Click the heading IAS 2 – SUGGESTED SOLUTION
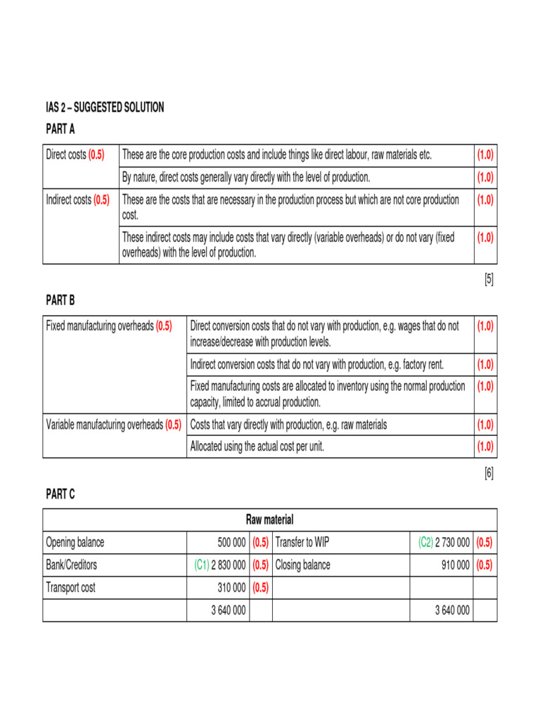(105, 108)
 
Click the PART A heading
(60, 129)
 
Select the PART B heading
(60, 300)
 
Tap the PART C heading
(60, 494)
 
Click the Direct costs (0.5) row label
(75, 155)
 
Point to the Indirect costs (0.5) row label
(77, 200)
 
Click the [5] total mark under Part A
(489, 279)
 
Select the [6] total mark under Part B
(489, 473)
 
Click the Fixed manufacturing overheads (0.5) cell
(109, 326)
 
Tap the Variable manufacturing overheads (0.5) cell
(113, 425)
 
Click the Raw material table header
(270, 520)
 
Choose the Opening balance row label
(75, 542)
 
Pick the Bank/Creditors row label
(72, 565)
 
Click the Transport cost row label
(70, 587)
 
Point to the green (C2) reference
(425, 542)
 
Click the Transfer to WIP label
(307, 542)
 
